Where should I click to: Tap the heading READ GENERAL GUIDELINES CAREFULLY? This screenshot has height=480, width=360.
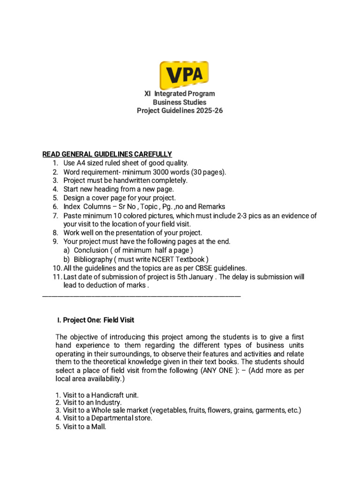point(107,154)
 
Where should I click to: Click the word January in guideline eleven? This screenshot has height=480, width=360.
point(200,277)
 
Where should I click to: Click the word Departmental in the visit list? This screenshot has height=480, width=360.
point(112,418)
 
